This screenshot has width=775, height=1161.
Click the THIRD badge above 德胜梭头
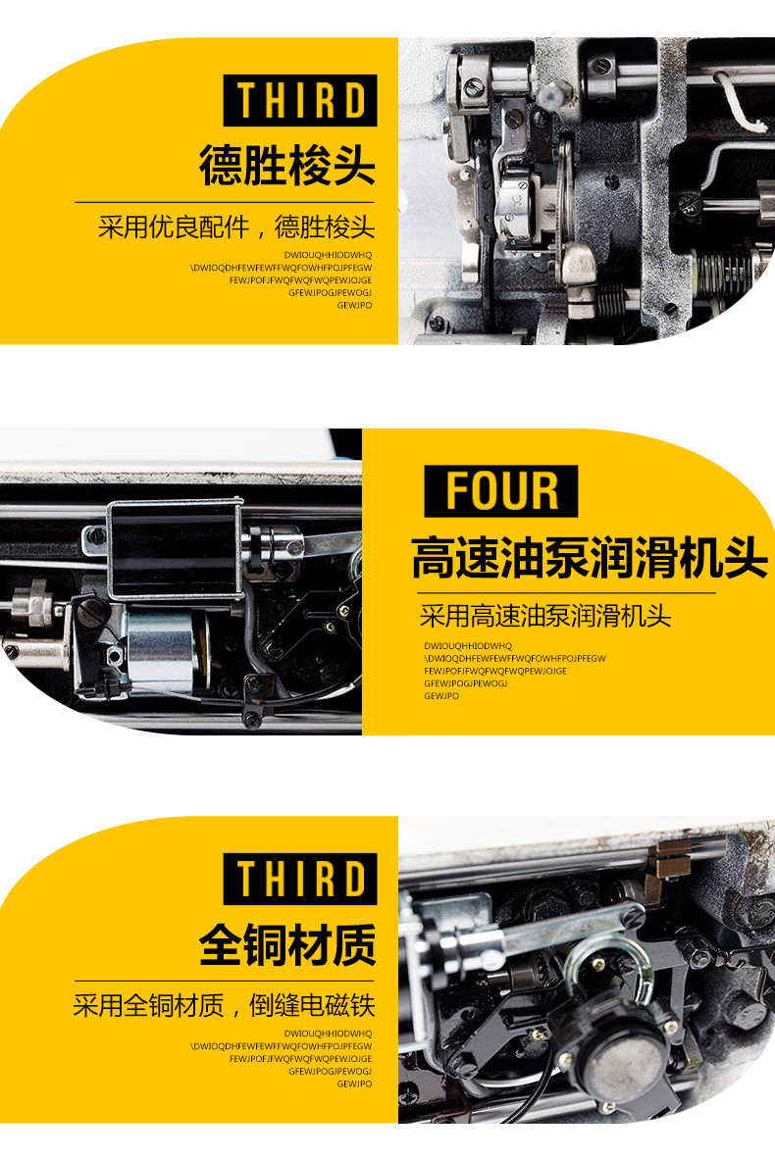pyautogui.click(x=300, y=100)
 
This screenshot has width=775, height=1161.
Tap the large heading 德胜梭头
pyautogui.click(x=287, y=165)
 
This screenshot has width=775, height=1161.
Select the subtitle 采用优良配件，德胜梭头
pyautogui.click(x=236, y=227)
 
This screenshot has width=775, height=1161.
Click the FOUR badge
pyautogui.click(x=501, y=491)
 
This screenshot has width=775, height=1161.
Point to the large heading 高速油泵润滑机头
pyautogui.click(x=589, y=558)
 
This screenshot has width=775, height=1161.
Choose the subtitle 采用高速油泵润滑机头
pyautogui.click(x=545, y=615)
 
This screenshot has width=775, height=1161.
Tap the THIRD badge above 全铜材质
pyautogui.click(x=300, y=879)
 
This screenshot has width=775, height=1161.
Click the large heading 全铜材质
pyautogui.click(x=287, y=944)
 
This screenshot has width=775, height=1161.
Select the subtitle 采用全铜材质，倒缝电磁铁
pyautogui.click(x=224, y=1005)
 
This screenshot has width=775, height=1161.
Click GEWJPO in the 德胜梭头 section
pyautogui.click(x=354, y=305)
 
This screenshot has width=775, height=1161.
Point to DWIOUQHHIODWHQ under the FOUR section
pyautogui.click(x=468, y=645)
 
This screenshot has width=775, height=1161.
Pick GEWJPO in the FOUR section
pyautogui.click(x=441, y=696)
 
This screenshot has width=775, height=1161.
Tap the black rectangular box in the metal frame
pyautogui.click(x=174, y=549)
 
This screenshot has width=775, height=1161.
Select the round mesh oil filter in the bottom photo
pyautogui.click(x=621, y=1049)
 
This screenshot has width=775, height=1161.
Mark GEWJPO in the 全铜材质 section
pyautogui.click(x=354, y=1084)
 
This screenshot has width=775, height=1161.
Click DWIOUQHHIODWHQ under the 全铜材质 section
pyautogui.click(x=328, y=1033)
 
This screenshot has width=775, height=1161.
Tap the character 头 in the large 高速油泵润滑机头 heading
pyautogui.click(x=745, y=558)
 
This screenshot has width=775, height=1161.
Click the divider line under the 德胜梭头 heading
pyautogui.click(x=225, y=202)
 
